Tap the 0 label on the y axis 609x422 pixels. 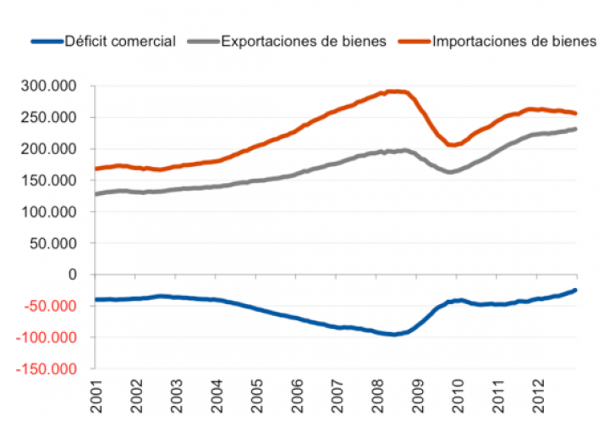pyautogui.click(x=73, y=275)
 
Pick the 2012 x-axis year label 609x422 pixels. pyautogui.click(x=538, y=397)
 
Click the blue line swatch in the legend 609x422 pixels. pyautogui.click(x=47, y=42)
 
